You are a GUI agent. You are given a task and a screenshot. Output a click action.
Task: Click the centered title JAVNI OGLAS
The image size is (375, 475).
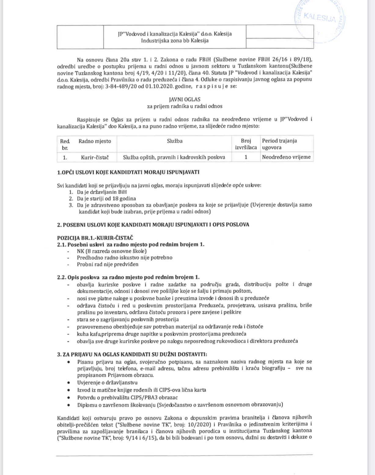(x=185, y=99)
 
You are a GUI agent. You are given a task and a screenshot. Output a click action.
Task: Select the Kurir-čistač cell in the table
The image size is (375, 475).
(x=95, y=157)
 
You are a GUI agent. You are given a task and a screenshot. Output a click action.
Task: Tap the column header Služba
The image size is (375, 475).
(x=175, y=141)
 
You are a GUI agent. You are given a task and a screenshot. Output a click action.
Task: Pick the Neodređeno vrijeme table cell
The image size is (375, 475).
(x=286, y=157)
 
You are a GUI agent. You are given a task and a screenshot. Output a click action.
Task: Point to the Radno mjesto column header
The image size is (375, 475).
(x=95, y=141)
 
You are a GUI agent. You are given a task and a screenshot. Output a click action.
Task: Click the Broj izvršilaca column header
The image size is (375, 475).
(x=246, y=144)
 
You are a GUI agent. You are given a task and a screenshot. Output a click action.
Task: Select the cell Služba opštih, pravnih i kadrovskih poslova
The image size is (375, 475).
(x=174, y=157)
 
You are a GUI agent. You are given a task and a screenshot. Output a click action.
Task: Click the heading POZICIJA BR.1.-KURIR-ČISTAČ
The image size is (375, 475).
(x=95, y=238)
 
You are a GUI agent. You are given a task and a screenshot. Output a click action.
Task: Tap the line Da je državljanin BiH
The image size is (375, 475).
(x=101, y=192)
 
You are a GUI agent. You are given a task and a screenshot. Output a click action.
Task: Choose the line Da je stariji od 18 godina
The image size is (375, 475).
(x=106, y=198)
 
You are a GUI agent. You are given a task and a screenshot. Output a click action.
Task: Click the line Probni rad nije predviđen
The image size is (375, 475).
(x=108, y=264)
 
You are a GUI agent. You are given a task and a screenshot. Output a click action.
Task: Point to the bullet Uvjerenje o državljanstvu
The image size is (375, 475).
(x=107, y=382)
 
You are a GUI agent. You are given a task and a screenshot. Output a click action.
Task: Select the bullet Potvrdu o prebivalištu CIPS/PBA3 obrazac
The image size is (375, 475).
(x=127, y=397)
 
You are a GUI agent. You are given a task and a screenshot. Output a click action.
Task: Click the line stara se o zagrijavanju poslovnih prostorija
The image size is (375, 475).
(x=128, y=319)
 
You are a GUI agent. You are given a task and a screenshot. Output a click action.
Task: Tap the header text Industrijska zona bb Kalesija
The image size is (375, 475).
(x=175, y=41)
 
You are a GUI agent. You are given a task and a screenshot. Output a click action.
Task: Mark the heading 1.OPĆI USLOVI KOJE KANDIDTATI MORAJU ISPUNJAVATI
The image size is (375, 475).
(x=128, y=172)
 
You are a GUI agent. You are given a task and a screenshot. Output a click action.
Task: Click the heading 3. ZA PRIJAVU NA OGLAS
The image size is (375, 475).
(x=132, y=354)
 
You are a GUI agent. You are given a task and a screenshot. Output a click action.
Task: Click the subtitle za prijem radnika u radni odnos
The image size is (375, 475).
(x=185, y=106)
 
